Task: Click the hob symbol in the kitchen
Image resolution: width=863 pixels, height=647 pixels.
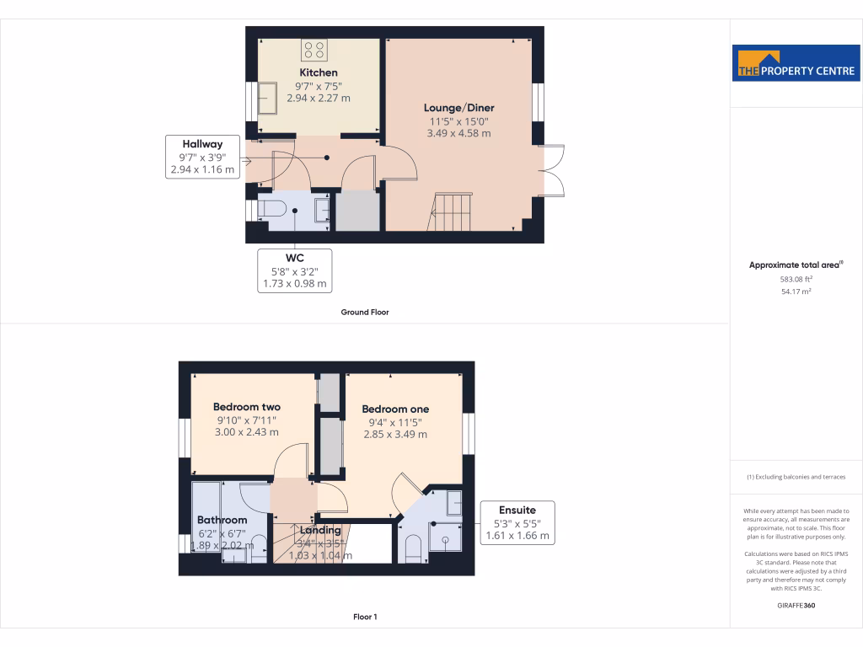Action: tap(315, 51)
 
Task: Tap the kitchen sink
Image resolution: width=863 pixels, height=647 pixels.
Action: tap(267, 98)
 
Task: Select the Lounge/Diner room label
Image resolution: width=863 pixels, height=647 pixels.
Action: tap(458, 108)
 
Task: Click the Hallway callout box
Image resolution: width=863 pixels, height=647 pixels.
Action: tap(201, 157)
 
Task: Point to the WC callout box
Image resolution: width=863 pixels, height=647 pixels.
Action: tap(294, 270)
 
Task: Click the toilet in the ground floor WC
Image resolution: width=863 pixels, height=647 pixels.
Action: tap(272, 209)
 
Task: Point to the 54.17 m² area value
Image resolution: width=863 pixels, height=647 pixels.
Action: tap(796, 291)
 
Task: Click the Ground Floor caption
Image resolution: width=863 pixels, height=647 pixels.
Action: tap(364, 312)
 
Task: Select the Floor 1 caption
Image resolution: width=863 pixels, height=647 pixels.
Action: tap(364, 617)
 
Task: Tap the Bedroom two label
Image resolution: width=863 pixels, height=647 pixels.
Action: tap(246, 407)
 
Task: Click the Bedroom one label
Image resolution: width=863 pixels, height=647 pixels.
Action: tap(395, 409)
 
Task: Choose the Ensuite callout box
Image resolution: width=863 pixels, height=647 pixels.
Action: tap(517, 522)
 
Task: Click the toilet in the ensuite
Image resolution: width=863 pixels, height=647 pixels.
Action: tap(413, 548)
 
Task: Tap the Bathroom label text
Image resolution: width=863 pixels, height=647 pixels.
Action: tap(222, 520)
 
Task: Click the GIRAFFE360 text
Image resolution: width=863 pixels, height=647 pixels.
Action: tap(796, 605)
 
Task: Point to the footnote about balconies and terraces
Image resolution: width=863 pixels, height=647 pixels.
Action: tap(796, 477)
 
